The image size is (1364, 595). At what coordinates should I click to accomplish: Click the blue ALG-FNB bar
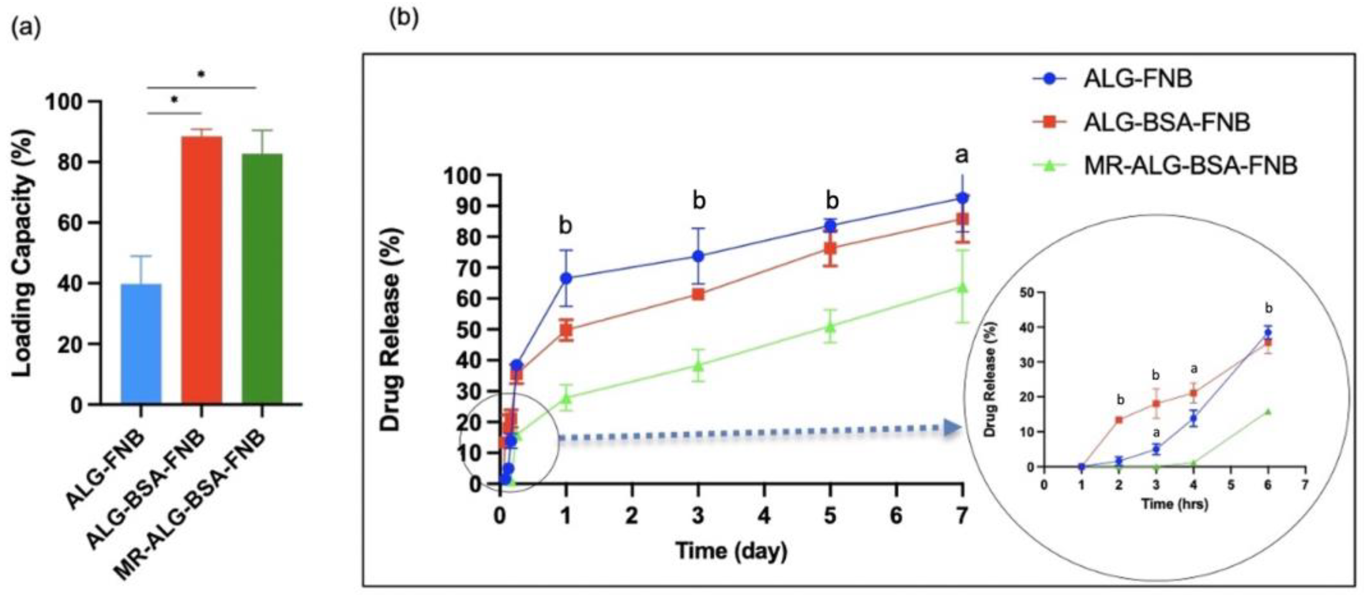coord(141,344)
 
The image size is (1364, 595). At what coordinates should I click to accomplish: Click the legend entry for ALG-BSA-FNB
coord(1165,122)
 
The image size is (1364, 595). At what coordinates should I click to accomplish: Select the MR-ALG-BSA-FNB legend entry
coord(1189,166)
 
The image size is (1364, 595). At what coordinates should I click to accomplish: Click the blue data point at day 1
coord(566,278)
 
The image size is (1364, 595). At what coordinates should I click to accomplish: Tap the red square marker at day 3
coord(699,294)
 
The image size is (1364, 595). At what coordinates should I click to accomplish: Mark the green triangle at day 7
coord(963,287)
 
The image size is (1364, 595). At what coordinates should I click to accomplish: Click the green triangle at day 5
coord(830,327)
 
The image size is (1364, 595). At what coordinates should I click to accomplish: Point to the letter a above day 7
coord(961,155)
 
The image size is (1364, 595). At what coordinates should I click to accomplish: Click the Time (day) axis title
coord(731,551)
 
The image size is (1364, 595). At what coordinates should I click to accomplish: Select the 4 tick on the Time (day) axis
coord(764,515)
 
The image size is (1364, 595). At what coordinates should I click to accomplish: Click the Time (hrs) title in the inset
coord(1174,504)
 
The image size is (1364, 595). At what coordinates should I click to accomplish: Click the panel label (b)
coord(403,19)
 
